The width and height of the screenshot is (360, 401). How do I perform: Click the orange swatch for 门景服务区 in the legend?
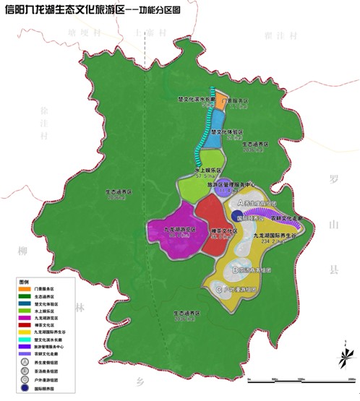(25, 288)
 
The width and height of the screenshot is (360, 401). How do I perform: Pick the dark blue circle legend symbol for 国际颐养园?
(25, 387)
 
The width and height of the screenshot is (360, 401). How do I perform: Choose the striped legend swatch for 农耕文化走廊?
(25, 353)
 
